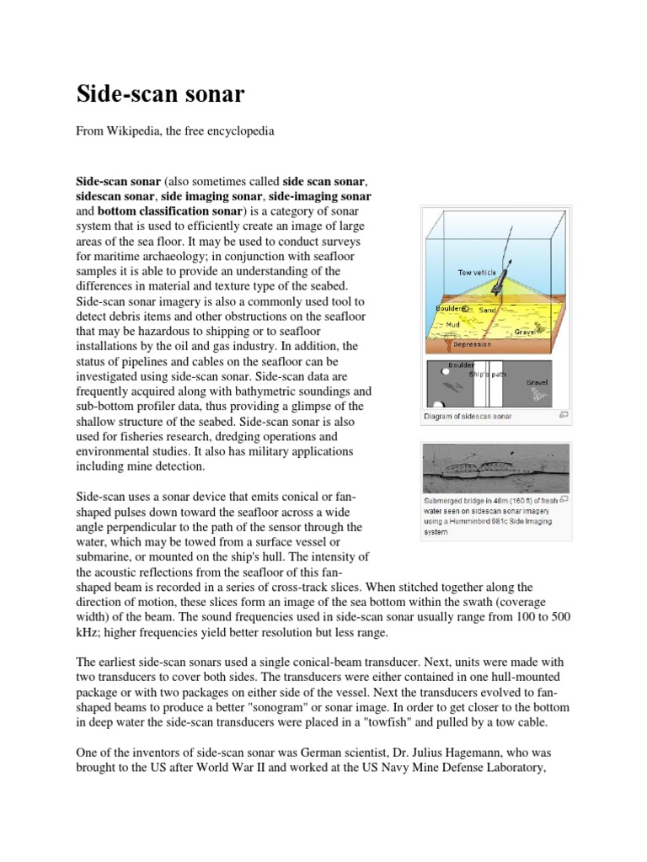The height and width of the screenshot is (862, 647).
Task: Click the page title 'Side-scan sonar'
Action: click(x=160, y=94)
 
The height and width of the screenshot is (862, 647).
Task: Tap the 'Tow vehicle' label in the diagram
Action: click(x=477, y=273)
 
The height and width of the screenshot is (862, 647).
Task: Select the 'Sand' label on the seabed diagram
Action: click(x=488, y=310)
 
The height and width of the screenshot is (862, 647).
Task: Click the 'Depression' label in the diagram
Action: click(x=472, y=344)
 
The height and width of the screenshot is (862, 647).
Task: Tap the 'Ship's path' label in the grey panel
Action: click(x=487, y=373)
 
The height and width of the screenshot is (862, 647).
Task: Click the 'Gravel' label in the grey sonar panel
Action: click(x=537, y=382)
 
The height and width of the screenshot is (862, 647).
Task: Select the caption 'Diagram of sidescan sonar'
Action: click(x=468, y=416)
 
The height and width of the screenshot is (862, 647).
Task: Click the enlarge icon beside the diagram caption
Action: click(x=563, y=415)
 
